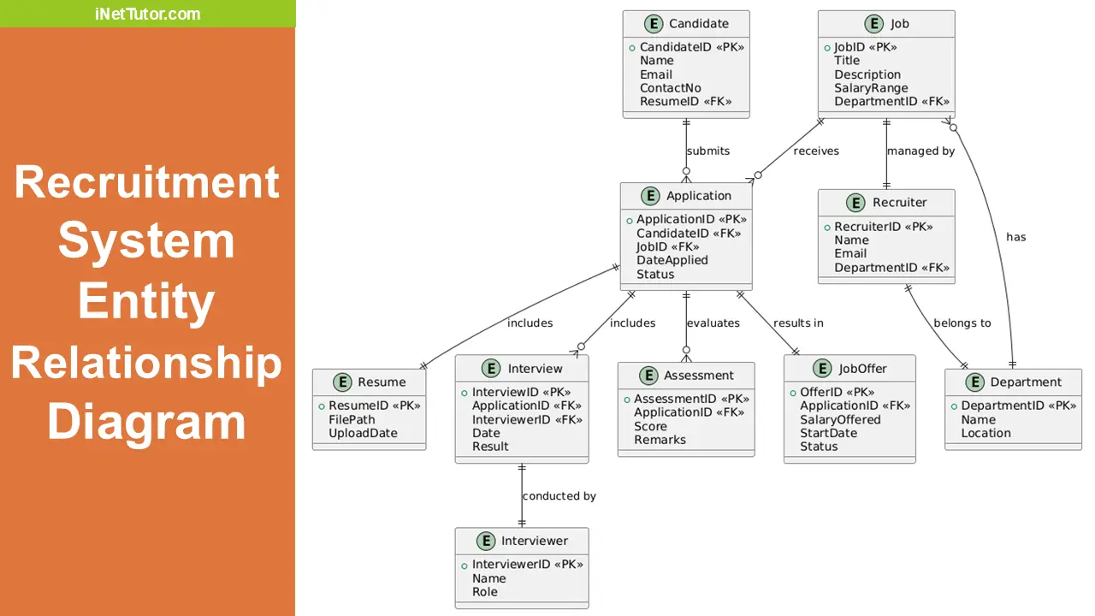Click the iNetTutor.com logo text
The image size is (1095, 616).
click(148, 14)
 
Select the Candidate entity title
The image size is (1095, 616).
click(698, 24)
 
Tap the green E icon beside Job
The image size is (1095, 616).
click(873, 24)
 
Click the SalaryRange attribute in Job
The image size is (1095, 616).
click(871, 88)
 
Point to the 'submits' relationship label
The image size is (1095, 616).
click(708, 151)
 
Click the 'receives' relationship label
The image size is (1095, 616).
click(816, 151)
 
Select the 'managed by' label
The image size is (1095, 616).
click(920, 151)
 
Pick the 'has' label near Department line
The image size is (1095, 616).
click(1015, 237)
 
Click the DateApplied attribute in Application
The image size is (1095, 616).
click(672, 260)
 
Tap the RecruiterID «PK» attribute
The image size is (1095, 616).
click(883, 227)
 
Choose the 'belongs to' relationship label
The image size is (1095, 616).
click(962, 323)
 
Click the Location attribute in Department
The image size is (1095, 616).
click(985, 433)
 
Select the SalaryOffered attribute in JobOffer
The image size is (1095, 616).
click(840, 419)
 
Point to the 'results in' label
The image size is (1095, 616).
click(798, 323)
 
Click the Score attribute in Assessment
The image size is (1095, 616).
click(650, 426)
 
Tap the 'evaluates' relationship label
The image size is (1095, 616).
click(713, 323)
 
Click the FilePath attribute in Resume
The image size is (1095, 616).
click(352, 419)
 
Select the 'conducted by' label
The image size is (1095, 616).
click(559, 496)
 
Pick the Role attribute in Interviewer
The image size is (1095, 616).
click(484, 592)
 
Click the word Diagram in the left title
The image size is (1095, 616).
click(146, 423)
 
